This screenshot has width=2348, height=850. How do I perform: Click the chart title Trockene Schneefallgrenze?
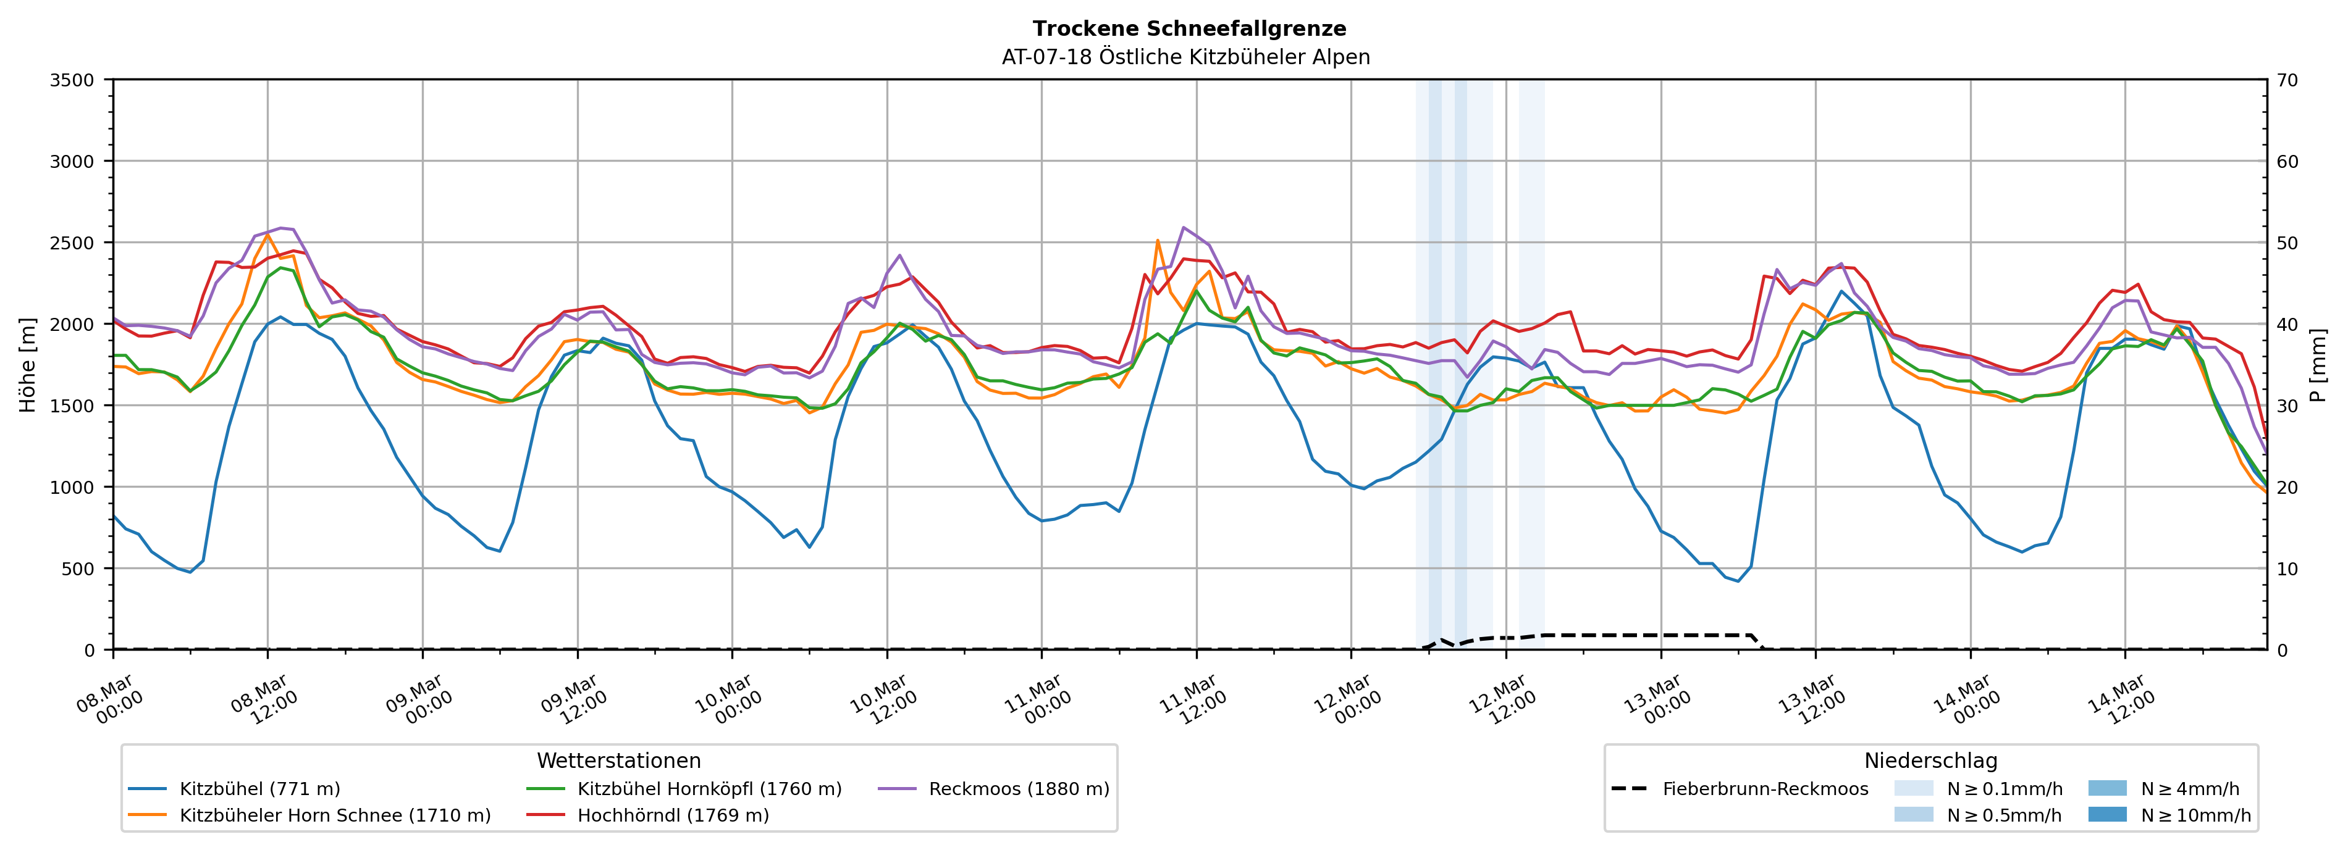click(1189, 29)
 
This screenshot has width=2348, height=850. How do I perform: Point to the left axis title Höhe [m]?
click(28, 364)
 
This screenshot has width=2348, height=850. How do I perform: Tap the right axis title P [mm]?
click(2318, 364)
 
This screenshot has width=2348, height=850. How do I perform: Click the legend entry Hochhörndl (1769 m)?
click(673, 815)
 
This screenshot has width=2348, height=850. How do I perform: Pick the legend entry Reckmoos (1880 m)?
click(1018, 789)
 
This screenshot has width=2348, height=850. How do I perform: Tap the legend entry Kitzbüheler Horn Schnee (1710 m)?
click(335, 815)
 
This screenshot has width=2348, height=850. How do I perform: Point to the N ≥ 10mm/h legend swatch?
click(2106, 814)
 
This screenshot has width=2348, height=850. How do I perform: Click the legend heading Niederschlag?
click(1930, 760)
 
